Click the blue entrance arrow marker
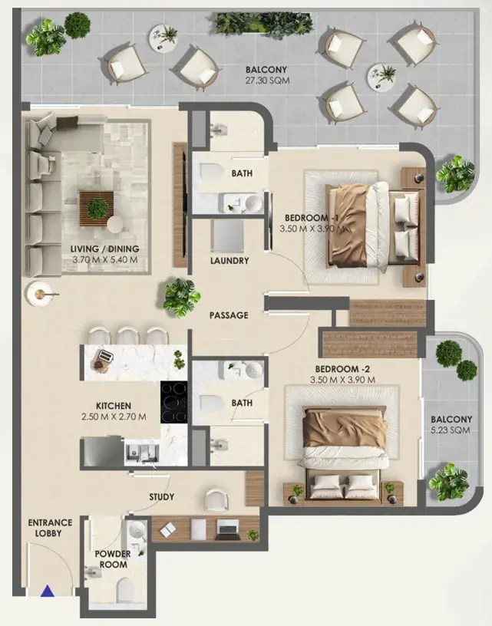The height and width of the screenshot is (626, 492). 48,591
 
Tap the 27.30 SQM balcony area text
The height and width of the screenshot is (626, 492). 267,81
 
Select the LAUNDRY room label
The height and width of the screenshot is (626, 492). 229,261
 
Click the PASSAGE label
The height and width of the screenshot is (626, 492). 229,315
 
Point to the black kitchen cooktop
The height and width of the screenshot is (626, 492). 174,402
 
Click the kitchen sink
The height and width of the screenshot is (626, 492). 142,453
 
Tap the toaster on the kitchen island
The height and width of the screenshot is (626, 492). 105,357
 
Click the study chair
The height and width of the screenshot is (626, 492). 217,499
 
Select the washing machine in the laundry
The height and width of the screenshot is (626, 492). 227,236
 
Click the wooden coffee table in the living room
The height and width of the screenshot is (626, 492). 96,209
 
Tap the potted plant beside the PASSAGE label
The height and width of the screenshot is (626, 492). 181,298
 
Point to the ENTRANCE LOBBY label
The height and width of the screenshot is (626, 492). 50,528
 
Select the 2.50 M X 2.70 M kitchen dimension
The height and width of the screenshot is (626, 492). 114,417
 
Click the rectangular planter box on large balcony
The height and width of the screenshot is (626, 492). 263,25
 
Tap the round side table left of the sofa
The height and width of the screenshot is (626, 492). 38,295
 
